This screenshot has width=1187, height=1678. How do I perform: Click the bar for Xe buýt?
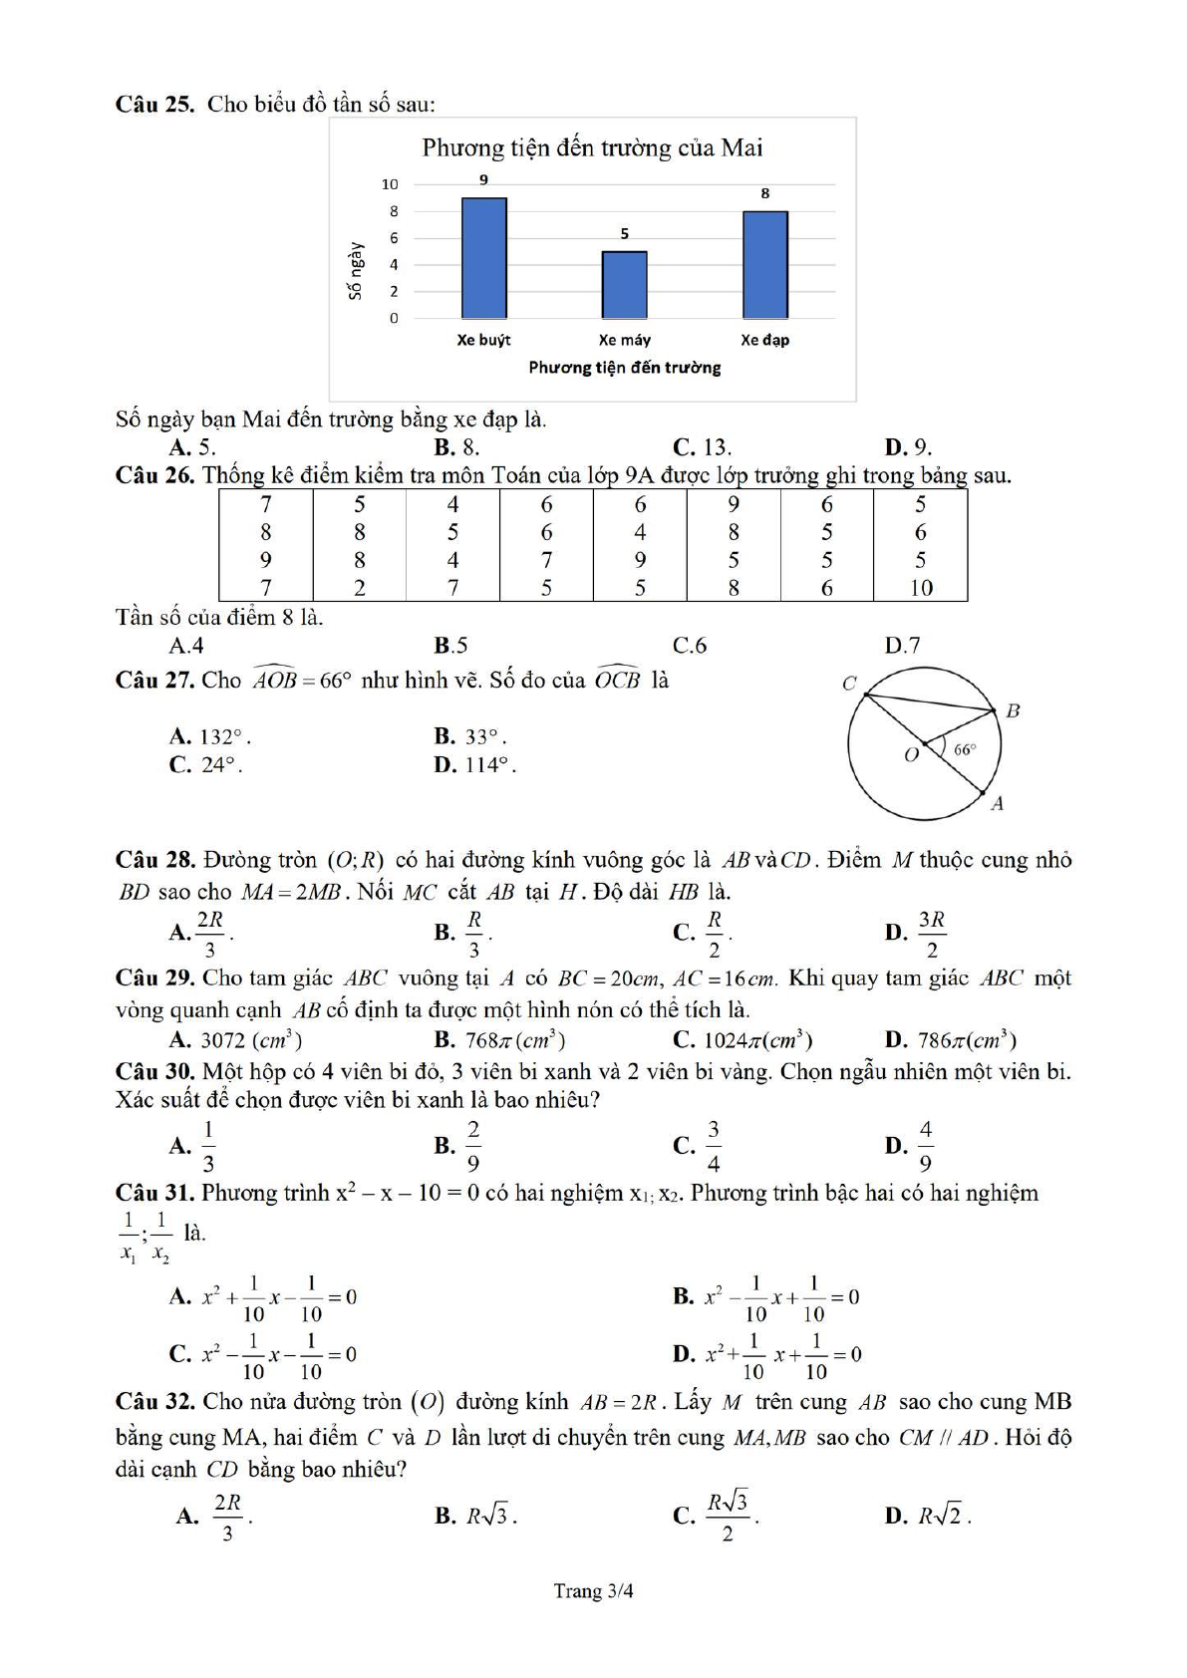click(483, 258)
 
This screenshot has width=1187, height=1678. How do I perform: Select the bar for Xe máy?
click(624, 285)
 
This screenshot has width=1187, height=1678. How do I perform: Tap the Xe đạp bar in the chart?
click(764, 265)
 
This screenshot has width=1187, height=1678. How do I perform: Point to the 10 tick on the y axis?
click(390, 184)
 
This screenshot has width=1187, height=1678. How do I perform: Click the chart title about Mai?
click(592, 148)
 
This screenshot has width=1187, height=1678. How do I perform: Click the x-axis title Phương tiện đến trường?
click(624, 368)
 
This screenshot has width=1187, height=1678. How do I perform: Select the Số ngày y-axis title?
click(355, 270)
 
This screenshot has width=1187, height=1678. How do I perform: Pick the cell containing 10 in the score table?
click(921, 588)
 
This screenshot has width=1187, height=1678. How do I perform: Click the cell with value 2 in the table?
click(360, 588)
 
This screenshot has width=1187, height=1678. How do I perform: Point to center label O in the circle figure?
click(911, 755)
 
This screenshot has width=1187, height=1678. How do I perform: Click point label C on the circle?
click(849, 684)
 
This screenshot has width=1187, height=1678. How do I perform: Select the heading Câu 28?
click(154, 860)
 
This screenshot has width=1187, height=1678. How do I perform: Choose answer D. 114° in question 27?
click(474, 765)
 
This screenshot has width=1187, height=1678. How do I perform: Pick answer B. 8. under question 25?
click(457, 447)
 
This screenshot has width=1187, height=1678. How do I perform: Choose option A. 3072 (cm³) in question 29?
click(236, 1040)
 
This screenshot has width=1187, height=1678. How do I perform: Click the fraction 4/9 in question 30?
click(925, 1146)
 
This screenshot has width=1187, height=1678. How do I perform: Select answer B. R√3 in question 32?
click(475, 1517)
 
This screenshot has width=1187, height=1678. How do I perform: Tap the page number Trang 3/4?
click(593, 1591)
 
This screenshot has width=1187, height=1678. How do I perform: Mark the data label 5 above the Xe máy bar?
click(625, 234)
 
